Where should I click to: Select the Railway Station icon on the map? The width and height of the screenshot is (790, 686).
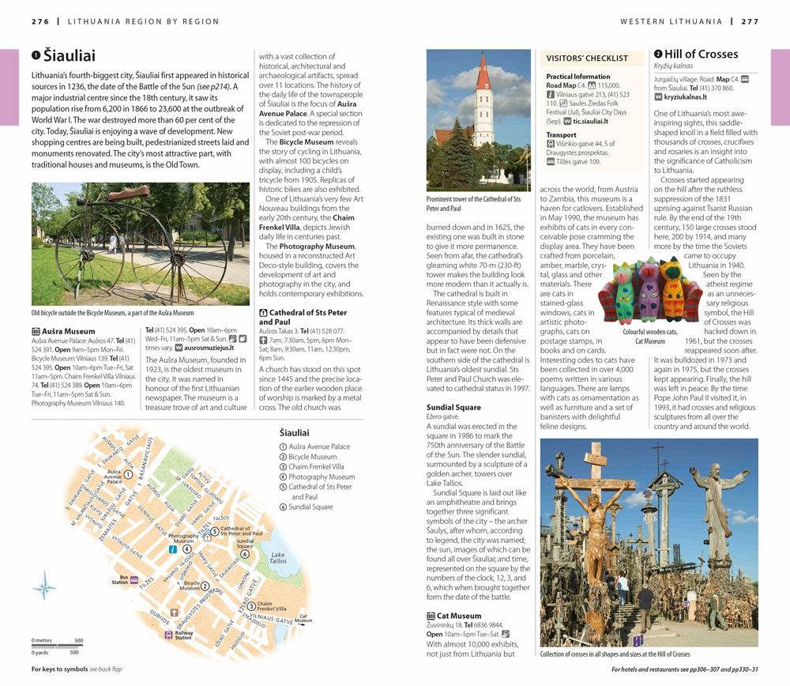(x=167, y=634)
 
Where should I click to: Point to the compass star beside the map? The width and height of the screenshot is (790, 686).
(x=45, y=588)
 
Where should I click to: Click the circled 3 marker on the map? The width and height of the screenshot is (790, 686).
(x=250, y=606)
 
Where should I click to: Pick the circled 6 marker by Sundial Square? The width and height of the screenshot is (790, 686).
(x=245, y=554)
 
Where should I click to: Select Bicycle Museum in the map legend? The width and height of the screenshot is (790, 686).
(x=312, y=457)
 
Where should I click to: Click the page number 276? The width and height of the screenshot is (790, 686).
(x=40, y=21)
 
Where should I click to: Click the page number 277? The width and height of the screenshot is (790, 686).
(x=749, y=21)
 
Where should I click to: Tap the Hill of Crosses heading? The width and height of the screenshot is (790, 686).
(x=701, y=55)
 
